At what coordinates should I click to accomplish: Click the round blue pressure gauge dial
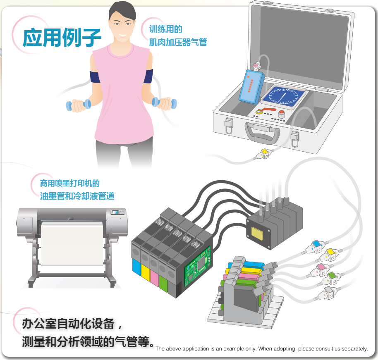[x=284, y=96]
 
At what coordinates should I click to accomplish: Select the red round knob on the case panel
[x=282, y=114]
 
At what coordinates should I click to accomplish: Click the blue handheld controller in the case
[x=251, y=87]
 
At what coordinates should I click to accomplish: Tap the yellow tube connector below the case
[x=264, y=153]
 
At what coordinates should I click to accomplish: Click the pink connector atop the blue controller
[x=257, y=66]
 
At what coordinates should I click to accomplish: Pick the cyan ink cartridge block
[x=136, y=267]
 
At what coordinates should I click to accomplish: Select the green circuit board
[x=198, y=266]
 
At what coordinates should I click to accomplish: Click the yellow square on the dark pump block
[x=257, y=233]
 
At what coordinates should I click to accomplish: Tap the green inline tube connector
[x=331, y=279]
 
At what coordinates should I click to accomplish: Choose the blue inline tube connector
[x=315, y=247]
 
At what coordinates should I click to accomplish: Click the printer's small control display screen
[x=115, y=212]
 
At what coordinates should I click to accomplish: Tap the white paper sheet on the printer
[x=72, y=243]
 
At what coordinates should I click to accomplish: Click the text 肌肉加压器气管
[x=178, y=42]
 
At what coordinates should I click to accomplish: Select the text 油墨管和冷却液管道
[x=77, y=195]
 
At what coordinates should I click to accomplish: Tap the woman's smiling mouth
[x=122, y=36]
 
